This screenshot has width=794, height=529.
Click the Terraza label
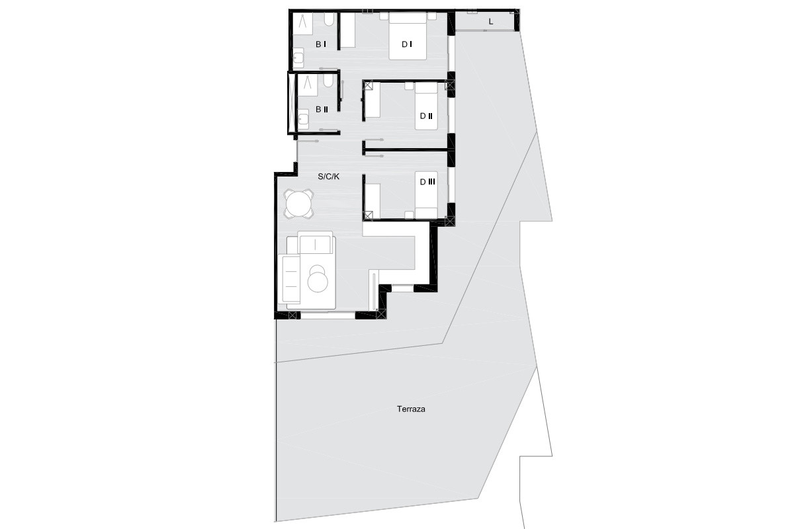click(x=411, y=409)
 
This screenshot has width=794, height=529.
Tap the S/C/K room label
click(x=329, y=177)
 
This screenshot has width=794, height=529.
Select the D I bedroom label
click(x=406, y=44)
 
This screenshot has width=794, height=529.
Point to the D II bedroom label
click(x=425, y=116)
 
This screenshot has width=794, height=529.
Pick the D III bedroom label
click(x=427, y=182)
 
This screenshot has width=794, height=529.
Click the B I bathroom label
click(x=321, y=44)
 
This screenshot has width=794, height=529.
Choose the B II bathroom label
click(x=322, y=110)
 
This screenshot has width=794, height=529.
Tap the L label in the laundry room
click(x=491, y=22)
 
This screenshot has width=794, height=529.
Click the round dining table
click(x=298, y=204)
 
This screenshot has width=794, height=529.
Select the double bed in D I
click(x=408, y=36)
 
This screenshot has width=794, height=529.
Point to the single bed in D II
click(x=426, y=106)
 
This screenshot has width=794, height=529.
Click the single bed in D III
click(x=426, y=195)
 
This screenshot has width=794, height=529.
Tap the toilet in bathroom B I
click(x=329, y=19)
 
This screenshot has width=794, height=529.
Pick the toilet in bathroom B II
click(x=328, y=81)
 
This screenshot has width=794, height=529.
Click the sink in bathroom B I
click(x=298, y=58)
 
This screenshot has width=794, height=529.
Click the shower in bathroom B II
click(x=307, y=85)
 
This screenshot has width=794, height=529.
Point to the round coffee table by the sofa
click(x=318, y=280)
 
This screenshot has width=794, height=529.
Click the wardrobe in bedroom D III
click(x=373, y=201)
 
